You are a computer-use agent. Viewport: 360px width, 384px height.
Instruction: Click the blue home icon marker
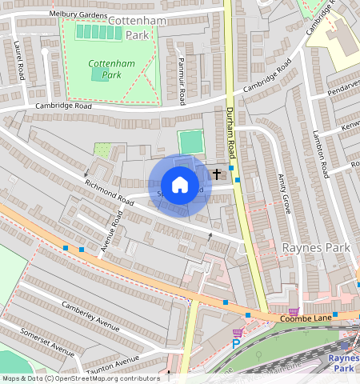coord(180,185)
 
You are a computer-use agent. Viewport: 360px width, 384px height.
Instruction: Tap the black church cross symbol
coord(216,173)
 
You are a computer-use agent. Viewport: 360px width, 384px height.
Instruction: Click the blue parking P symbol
coord(236,344)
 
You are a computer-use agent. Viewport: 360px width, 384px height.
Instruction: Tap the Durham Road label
coord(230,131)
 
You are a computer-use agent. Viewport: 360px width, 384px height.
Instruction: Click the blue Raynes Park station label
coord(344,363)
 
